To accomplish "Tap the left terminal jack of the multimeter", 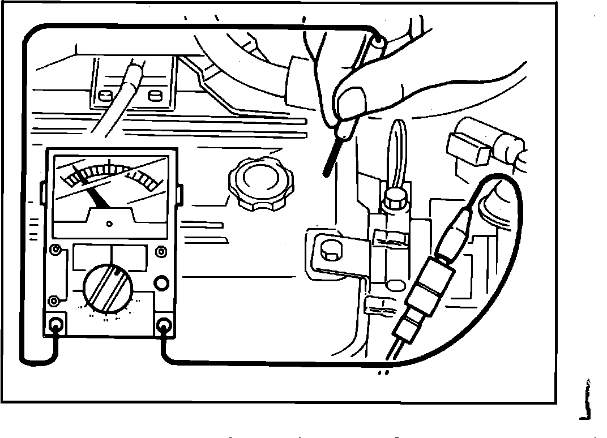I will click(57, 325).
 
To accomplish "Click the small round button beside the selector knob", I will click(161, 282).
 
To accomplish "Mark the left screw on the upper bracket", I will click(104, 95).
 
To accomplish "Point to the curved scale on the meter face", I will click(110, 173).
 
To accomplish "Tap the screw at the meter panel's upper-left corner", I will click(57, 250).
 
